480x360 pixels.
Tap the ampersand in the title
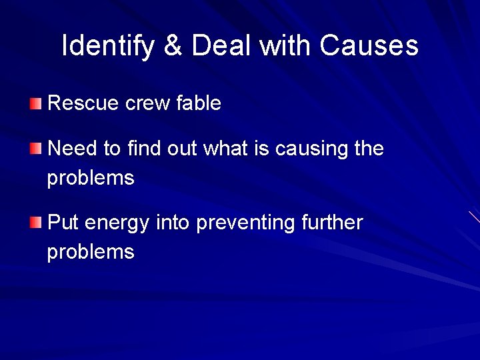(173, 46)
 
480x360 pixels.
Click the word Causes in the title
(369, 46)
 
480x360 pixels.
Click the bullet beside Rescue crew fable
(35, 104)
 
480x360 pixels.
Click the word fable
(198, 103)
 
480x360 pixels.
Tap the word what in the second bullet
(225, 148)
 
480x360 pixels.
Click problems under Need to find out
(91, 179)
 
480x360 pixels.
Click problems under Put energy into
(91, 252)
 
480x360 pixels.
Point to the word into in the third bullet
(173, 222)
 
